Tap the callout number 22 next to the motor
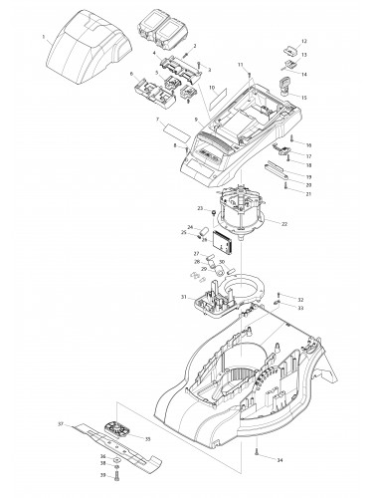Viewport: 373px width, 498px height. coord(285,224)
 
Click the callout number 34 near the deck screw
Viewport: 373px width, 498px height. coord(280,459)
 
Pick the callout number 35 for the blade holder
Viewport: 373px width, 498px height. coord(148,436)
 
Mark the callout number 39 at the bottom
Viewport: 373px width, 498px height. coord(101,475)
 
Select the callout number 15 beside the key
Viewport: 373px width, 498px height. coord(304,97)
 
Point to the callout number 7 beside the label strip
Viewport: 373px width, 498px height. coord(156,121)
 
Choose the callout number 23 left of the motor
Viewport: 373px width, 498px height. coord(200,208)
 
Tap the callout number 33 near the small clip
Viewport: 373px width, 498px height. coord(301,309)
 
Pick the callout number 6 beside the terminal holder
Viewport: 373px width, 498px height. coord(131,74)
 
